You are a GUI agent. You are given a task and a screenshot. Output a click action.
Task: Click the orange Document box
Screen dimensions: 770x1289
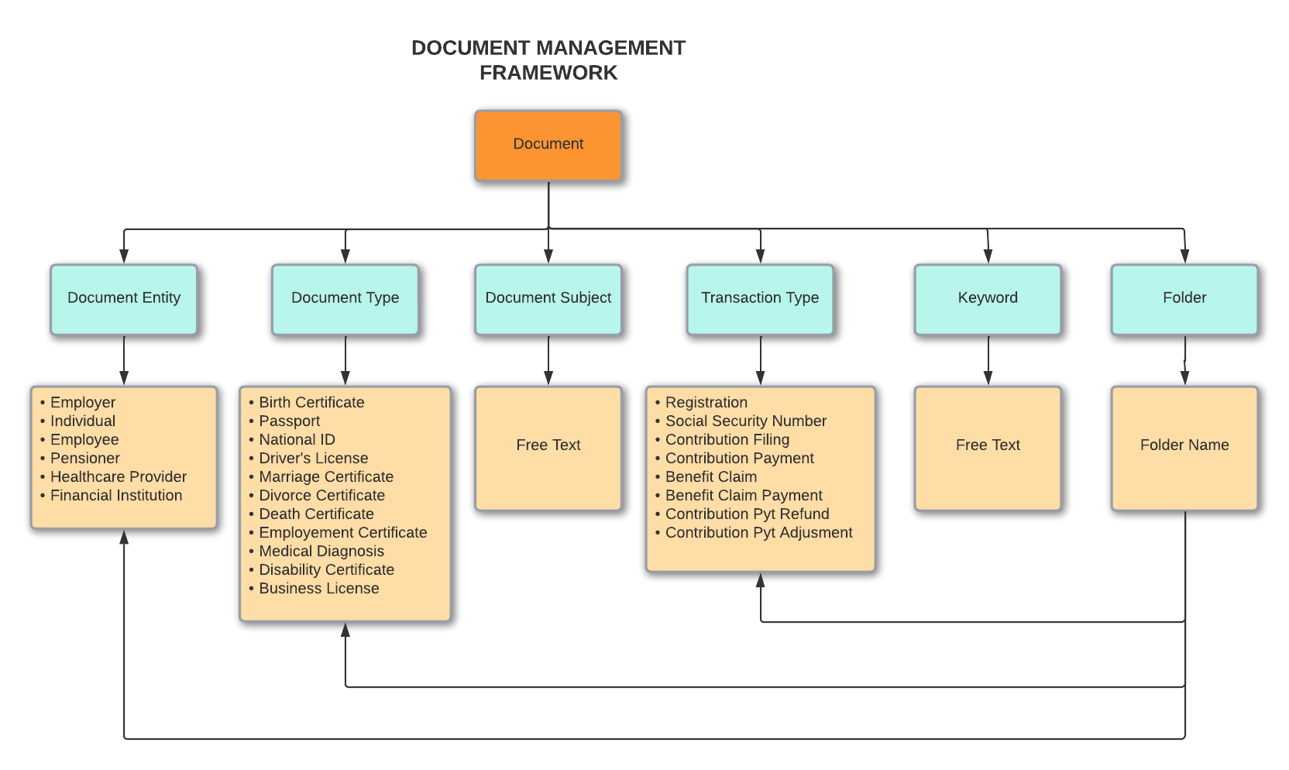[548, 146]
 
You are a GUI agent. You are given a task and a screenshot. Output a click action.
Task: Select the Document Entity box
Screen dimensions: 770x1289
[124, 299]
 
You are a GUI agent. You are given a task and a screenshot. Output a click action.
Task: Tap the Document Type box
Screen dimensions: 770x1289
[345, 299]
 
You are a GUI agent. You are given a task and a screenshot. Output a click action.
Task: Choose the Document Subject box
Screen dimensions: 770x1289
[548, 299]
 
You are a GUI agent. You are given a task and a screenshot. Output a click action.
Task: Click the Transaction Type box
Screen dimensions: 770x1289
[760, 299]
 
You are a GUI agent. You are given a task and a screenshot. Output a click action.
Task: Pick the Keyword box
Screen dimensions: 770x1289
[988, 299]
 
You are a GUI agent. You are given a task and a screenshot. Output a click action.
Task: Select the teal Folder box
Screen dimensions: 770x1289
[1184, 299]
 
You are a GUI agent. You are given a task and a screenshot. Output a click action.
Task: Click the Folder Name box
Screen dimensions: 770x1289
[1184, 448]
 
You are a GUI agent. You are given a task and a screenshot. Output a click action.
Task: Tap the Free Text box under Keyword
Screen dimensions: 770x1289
[988, 448]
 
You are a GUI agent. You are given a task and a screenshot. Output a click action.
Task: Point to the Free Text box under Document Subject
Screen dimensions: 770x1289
[548, 448]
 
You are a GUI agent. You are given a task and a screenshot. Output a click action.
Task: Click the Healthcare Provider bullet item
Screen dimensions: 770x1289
[118, 477]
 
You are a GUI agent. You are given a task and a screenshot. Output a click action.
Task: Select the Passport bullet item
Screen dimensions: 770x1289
[289, 421]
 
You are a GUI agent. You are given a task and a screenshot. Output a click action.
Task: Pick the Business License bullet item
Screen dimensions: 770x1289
[318, 589]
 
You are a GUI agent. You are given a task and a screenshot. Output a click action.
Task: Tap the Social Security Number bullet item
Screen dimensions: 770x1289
[745, 421]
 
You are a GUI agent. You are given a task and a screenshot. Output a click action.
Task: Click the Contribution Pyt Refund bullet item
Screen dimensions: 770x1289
[747, 514]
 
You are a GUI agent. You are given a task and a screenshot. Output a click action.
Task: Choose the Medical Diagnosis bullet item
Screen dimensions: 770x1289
[321, 552]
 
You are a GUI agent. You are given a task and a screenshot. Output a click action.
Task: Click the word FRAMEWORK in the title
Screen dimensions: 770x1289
[548, 73]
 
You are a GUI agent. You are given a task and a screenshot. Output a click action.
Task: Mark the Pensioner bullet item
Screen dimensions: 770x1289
[84, 459]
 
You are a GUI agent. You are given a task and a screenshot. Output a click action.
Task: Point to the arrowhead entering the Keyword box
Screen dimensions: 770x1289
[988, 256]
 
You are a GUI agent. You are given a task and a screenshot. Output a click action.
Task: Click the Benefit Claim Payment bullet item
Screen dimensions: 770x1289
[744, 496]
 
